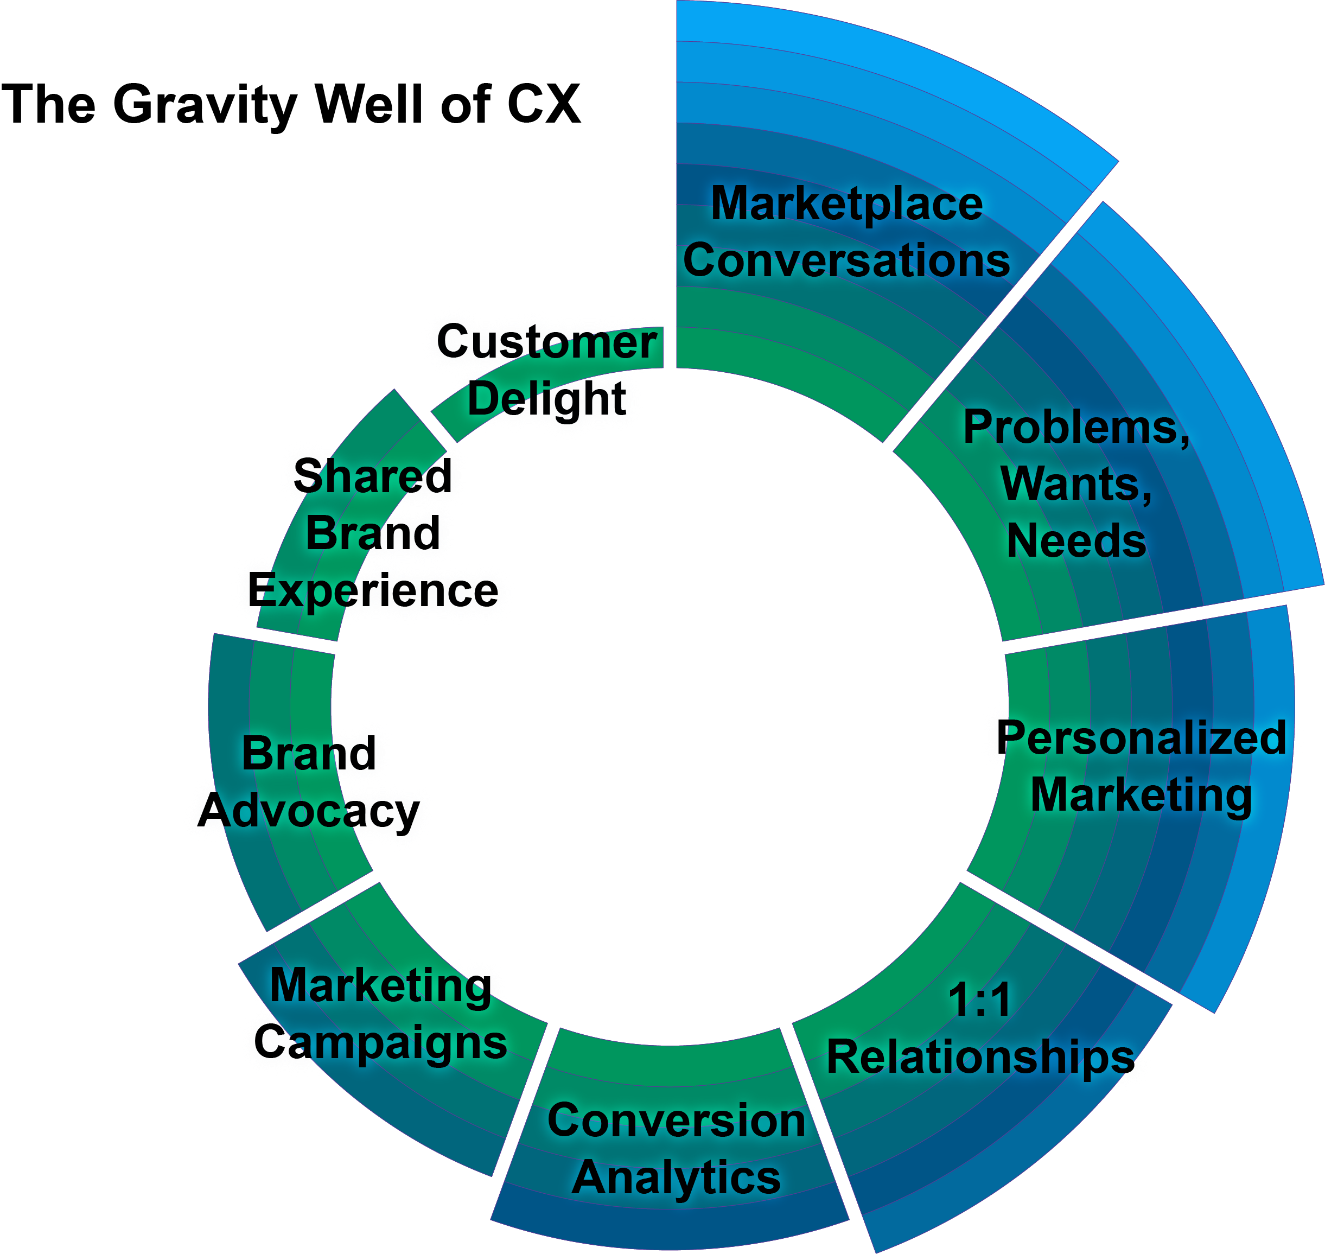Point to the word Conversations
pyautogui.click(x=846, y=260)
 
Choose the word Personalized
pyautogui.click(x=1141, y=738)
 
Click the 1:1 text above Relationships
pyautogui.click(x=979, y=1000)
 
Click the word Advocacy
pyautogui.click(x=308, y=811)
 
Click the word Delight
pyautogui.click(x=546, y=398)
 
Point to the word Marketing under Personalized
pyautogui.click(x=1141, y=795)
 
